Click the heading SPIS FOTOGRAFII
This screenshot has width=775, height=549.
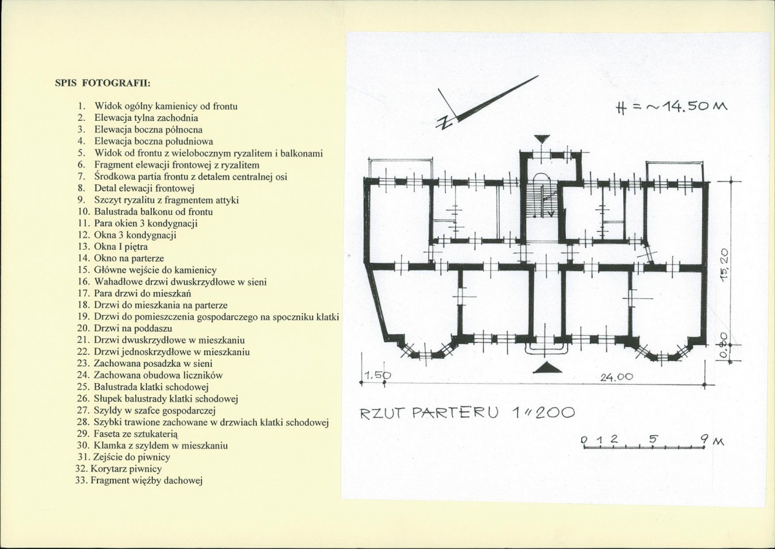(103, 83)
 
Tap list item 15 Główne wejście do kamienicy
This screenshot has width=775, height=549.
(147, 270)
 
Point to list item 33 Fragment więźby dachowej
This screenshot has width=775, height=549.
(139, 481)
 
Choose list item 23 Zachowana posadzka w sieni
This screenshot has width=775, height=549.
(145, 364)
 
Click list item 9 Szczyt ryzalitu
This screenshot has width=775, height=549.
(158, 200)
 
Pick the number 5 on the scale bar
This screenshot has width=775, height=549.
(652, 439)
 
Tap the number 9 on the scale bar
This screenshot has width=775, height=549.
(705, 439)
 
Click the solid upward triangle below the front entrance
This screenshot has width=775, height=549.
(548, 368)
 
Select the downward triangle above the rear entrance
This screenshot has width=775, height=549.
(542, 139)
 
